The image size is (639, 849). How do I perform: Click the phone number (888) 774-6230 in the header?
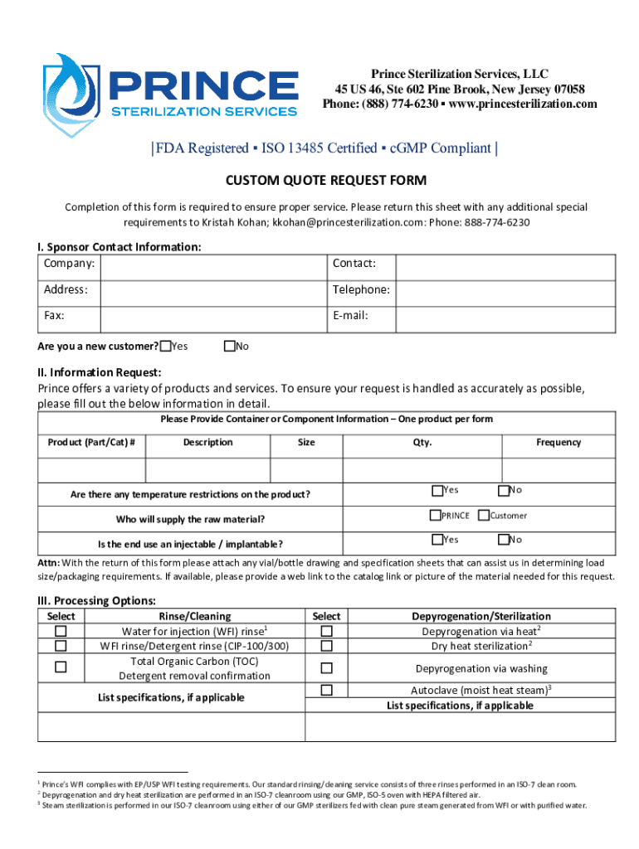tap(398, 104)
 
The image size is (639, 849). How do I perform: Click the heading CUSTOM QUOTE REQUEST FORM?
tap(326, 181)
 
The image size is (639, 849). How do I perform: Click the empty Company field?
tap(212, 267)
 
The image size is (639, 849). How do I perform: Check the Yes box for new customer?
tap(166, 346)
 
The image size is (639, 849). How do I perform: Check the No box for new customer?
tap(230, 346)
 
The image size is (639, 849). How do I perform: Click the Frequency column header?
tap(559, 442)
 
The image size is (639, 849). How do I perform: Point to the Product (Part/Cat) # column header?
tap(91, 442)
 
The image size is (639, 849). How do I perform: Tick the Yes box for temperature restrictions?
tap(437, 490)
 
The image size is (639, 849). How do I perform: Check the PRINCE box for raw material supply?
tap(435, 515)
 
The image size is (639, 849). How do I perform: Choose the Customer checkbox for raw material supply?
tap(484, 515)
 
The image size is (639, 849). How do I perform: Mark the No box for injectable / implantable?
tap(502, 540)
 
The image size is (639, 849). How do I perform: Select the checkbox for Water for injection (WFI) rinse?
tap(61, 631)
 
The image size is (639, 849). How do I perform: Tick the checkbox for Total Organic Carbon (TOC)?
tap(61, 667)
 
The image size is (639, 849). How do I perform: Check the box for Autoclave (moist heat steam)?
tap(326, 690)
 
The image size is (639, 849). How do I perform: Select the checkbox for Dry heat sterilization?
tap(326, 646)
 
